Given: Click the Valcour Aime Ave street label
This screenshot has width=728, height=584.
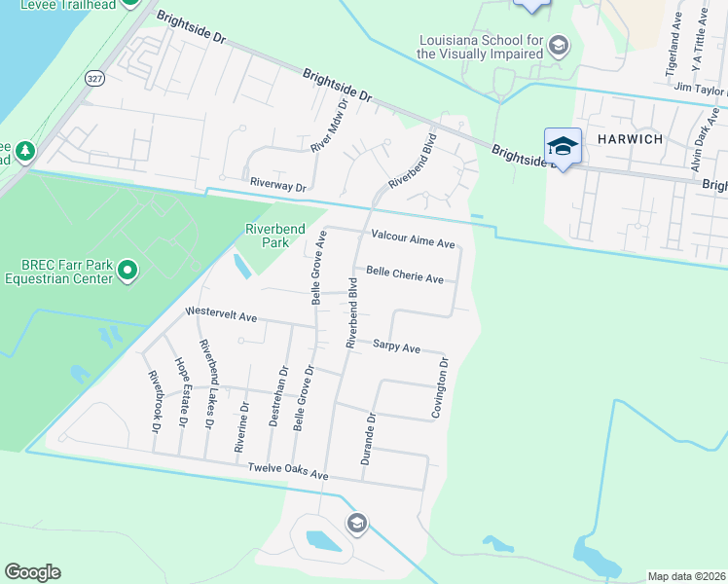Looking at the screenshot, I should [413, 242].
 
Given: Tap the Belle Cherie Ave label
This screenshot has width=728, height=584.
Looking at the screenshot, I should [404, 275].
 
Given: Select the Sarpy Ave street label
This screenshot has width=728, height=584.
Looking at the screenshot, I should [396, 347].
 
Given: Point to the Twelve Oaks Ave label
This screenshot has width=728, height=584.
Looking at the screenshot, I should [288, 472].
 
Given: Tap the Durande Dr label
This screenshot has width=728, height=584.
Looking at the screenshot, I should [369, 438].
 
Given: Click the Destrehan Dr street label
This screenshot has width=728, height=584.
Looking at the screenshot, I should [281, 391].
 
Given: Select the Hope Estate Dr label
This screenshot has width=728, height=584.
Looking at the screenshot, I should [181, 392].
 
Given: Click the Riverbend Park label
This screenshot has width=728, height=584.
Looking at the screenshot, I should [275, 235].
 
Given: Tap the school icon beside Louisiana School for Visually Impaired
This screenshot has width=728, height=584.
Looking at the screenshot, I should [558, 45].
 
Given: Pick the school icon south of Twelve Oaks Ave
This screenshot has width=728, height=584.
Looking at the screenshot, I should [356, 524].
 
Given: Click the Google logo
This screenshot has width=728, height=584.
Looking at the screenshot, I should [33, 572].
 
